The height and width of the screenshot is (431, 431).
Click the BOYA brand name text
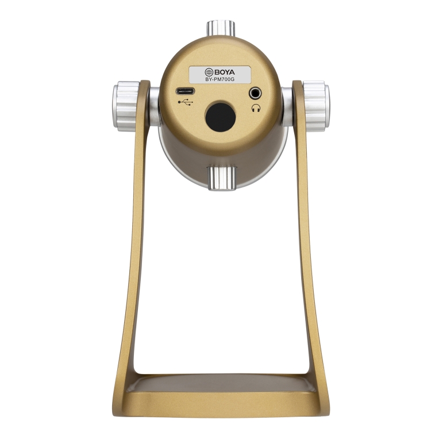(x=225, y=72)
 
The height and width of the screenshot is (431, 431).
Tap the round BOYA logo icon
(x=209, y=72)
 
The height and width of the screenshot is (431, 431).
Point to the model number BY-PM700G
(x=220, y=80)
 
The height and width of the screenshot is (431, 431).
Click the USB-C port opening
(x=185, y=91)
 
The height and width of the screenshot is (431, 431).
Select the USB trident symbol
(x=186, y=102)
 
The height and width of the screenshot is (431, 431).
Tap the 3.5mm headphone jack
(x=255, y=93)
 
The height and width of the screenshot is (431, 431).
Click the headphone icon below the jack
(x=256, y=108)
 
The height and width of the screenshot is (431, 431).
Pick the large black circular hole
(x=221, y=116)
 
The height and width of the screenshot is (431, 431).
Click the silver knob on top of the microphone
(x=221, y=28)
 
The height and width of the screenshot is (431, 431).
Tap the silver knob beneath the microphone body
(x=222, y=178)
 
